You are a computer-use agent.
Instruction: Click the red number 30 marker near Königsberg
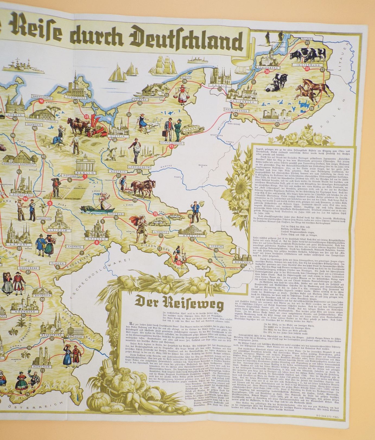(267, 71)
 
